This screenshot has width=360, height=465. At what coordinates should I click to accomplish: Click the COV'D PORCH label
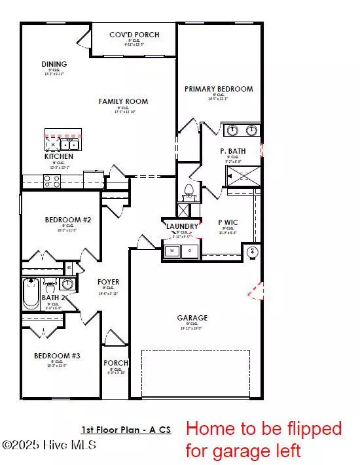point(134,35)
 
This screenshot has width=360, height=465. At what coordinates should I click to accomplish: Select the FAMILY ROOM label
point(123,101)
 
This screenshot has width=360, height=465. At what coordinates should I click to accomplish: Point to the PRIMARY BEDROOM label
point(219,89)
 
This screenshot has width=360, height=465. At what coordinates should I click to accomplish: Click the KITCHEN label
point(59,157)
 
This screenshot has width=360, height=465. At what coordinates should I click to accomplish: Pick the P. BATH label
point(232,150)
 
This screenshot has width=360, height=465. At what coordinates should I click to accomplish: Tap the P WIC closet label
point(228,222)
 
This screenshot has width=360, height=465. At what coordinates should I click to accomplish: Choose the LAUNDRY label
point(181,226)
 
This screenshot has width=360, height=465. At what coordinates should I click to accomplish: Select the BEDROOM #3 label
point(58,356)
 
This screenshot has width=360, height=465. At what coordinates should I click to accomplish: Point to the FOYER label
point(108,283)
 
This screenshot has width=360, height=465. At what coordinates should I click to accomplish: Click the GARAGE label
point(192,318)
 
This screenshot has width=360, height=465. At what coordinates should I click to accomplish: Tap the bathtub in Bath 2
point(30,294)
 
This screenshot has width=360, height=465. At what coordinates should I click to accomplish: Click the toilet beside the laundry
point(189,191)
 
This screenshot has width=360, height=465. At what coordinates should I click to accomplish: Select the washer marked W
point(172,250)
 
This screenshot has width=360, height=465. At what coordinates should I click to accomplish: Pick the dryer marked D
point(190,250)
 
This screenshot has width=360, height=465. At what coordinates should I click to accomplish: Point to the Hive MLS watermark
point(50,445)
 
